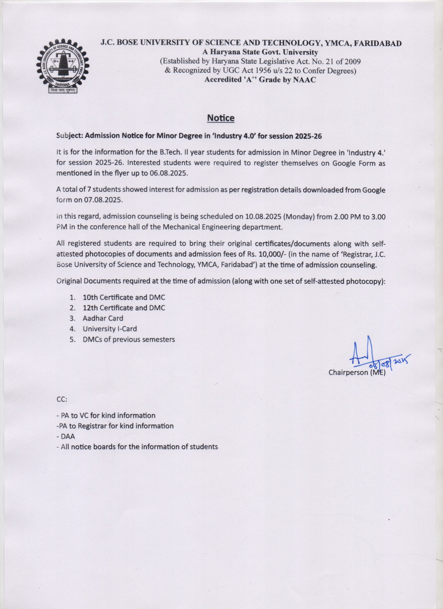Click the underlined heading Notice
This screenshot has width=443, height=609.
tap(221, 118)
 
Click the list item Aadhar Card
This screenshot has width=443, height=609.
tap(103, 318)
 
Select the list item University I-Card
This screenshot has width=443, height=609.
tap(110, 329)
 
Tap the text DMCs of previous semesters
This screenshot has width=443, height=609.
tap(129, 339)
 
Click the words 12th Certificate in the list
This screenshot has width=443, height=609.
tap(108, 308)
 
